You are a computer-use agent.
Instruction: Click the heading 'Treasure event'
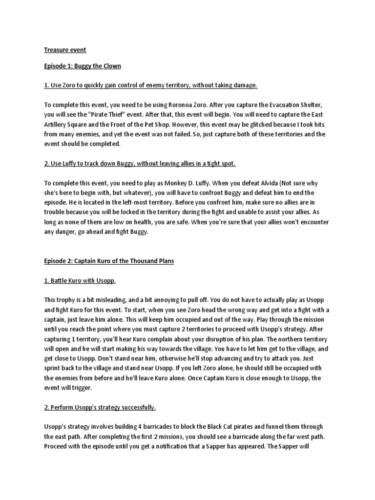(x=65, y=50)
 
